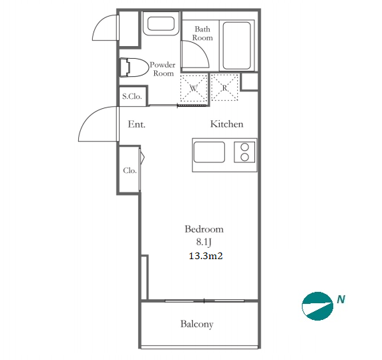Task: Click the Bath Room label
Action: coord(202,33)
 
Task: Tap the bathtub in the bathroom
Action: coord(236,45)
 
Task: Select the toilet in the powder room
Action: coord(134,67)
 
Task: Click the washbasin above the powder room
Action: coord(161,23)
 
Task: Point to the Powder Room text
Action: coord(162,69)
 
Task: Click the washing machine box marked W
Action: coord(194,87)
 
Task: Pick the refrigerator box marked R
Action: coord(224,87)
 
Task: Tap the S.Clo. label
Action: coord(132,96)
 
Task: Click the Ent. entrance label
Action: coord(136,124)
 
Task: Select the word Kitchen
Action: coord(226,124)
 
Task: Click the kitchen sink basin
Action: coord(209,152)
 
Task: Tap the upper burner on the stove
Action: coord(244,147)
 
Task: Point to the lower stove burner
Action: coord(244,157)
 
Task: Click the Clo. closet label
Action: coord(130,170)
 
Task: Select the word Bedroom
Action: coord(204,229)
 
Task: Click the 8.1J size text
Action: coord(204,242)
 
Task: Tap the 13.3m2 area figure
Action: coord(206,256)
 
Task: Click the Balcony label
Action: coord(197,324)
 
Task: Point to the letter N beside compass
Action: coord(341,299)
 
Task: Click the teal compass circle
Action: coord(317,306)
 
